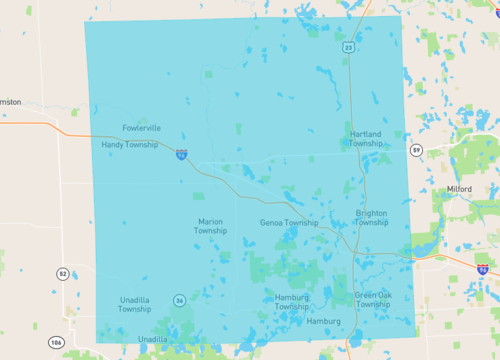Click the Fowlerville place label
pos(141,128)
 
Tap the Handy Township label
pos(129,145)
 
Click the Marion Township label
pos(210,226)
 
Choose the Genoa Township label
pos(289,223)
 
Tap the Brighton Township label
pos(372,218)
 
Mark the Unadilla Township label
pos(135,304)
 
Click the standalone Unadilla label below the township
pos(152,339)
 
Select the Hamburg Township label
pos(291,301)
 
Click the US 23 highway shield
pos(348,46)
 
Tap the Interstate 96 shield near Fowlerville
pos(181,154)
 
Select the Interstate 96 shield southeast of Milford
pos(483,269)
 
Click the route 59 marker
pos(415,149)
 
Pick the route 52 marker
pos(62,273)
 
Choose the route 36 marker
pos(179,300)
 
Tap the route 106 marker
pos(55,343)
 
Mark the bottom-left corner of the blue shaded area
pos(97,342)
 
